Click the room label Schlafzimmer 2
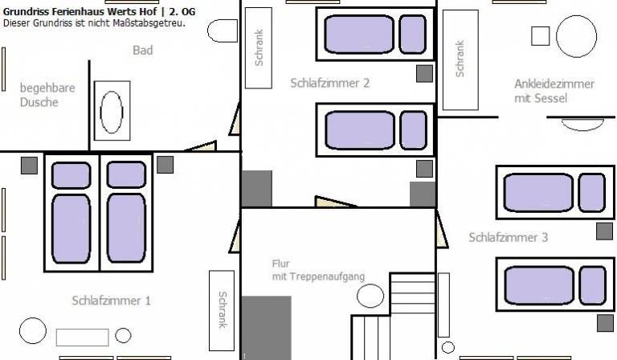coord(329,83)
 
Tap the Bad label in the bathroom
coord(143,51)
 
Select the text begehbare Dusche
coord(47,95)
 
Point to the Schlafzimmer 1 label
coord(111,301)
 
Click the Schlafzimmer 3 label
coord(508,237)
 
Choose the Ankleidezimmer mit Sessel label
coord(554,91)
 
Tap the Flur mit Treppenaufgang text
coord(318,270)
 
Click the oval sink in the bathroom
coord(112,112)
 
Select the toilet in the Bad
coord(223,31)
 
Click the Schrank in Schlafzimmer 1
coord(222,310)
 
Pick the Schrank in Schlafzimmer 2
coord(259,48)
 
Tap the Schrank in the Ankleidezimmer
coord(460,59)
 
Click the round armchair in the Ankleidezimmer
coord(576,36)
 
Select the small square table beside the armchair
coord(540,36)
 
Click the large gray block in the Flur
coord(267,328)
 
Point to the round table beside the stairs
coord(370,296)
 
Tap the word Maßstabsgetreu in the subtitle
coord(149,22)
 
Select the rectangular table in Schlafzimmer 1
coord(82,337)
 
